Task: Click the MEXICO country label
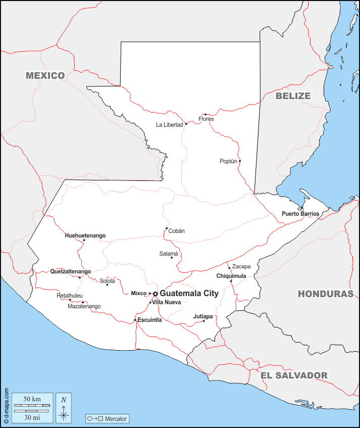45,76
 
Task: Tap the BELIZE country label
293,96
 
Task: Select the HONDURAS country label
325,294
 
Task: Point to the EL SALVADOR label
294,375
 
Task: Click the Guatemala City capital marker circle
156,294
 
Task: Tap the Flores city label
206,119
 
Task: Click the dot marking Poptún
240,161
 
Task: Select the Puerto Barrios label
300,214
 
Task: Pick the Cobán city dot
167,228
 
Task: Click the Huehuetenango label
85,235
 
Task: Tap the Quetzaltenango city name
71,271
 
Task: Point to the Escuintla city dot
135,320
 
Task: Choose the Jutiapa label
203,316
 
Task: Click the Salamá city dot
172,258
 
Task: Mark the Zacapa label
241,266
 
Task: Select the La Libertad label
169,124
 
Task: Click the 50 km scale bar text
32,399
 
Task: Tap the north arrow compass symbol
64,408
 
